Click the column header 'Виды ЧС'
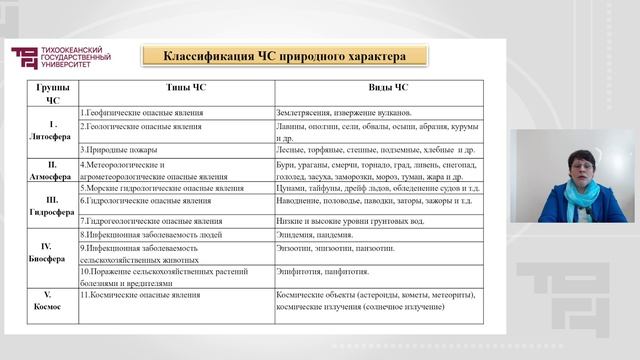point(388,89)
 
